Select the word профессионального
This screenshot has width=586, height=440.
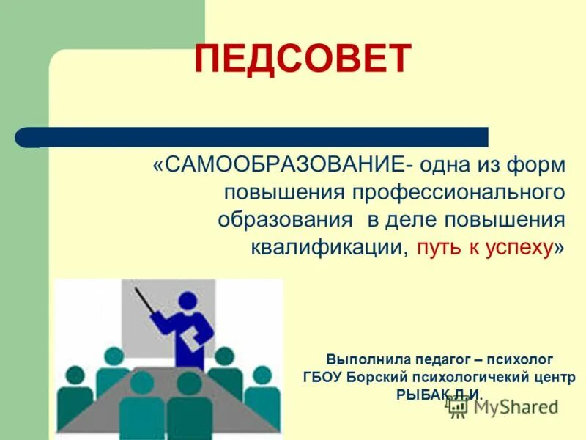tap(460, 192)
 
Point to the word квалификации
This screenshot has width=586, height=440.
tap(329, 247)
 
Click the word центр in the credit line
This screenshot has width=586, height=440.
tap(553, 378)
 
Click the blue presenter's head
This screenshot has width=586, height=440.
tap(188, 301)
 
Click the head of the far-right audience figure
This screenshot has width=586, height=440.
tap(262, 375)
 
